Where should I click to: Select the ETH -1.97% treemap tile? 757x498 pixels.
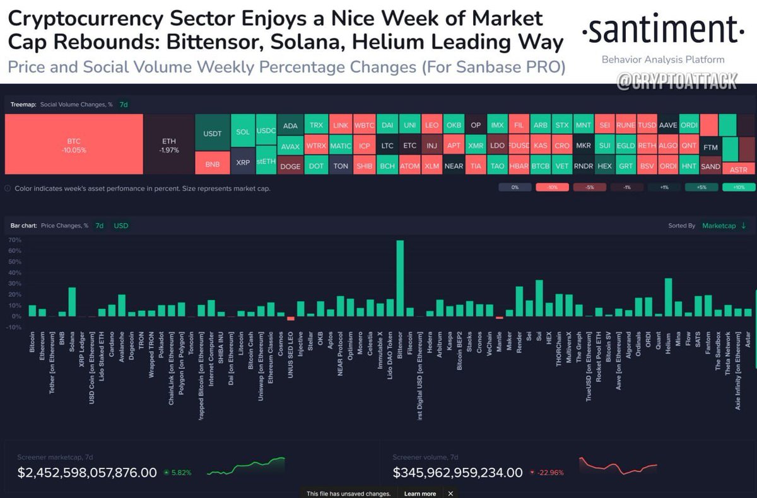[169, 145]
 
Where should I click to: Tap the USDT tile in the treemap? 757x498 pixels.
[212, 134]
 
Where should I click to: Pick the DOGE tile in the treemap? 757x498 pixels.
[290, 166]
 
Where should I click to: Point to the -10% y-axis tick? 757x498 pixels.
[14, 327]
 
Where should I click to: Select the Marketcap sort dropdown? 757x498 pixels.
[724, 225]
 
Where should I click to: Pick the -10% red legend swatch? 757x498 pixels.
[553, 187]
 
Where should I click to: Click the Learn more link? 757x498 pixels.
[420, 494]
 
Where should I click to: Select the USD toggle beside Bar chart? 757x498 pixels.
[120, 225]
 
